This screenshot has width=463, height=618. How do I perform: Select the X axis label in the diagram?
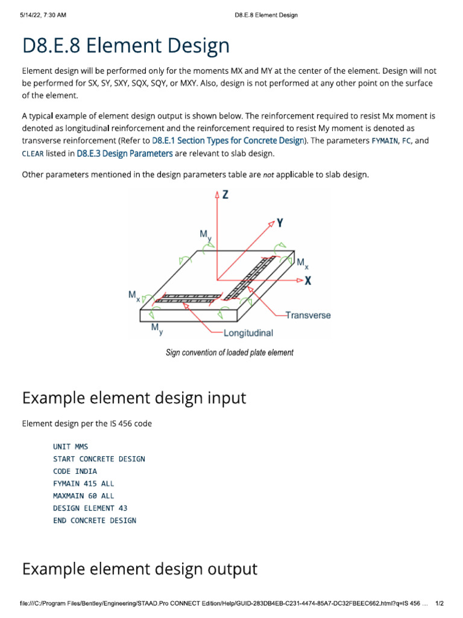[309, 281]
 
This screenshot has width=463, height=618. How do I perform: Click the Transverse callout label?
[308, 315]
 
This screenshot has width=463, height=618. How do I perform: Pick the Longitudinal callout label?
[248, 333]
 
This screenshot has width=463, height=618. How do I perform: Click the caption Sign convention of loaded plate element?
[230, 352]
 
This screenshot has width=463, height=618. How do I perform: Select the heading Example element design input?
[134, 398]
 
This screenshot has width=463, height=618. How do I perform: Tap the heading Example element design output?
[139, 569]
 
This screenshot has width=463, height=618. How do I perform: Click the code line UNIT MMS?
[71, 447]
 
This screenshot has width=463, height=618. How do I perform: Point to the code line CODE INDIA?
[75, 471]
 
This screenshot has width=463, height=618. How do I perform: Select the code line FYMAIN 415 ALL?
[83, 483]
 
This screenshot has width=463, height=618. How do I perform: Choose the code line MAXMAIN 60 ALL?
[83, 496]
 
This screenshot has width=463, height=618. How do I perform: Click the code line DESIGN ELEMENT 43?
[90, 508]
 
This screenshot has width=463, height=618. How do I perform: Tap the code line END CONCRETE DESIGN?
[95, 520]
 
